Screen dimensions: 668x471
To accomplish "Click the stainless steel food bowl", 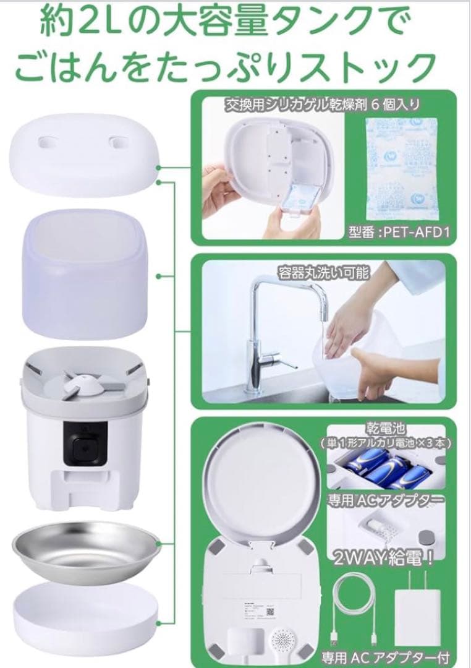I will coord(83,547).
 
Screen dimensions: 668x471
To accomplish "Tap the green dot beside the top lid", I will coord(160,167).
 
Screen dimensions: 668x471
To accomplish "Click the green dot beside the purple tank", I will coord(160,277).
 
